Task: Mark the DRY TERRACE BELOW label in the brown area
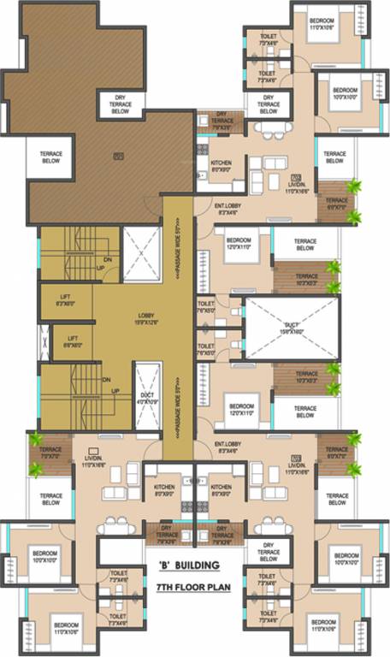point(121,105)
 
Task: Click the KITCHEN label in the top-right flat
point(222,165)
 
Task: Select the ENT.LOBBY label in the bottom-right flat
point(230,447)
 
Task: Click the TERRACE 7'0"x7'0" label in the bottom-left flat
point(50,453)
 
